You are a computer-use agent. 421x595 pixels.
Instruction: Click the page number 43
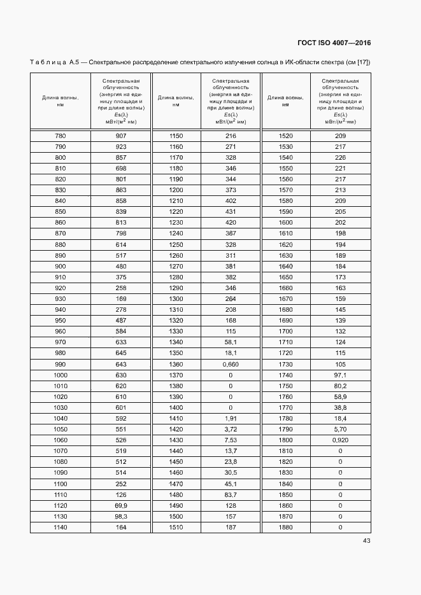point(366,541)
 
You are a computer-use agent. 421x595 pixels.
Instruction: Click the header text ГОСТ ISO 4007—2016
point(334,43)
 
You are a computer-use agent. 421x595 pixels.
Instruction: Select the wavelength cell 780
point(61,136)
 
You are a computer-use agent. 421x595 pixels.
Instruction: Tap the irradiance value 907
point(121,136)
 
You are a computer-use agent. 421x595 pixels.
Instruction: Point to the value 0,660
point(231,365)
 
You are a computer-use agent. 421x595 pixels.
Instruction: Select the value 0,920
point(340,440)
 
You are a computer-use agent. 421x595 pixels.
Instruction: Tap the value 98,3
point(121,516)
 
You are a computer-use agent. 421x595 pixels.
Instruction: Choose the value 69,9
point(121,505)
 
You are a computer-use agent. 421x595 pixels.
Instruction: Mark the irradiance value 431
point(231,211)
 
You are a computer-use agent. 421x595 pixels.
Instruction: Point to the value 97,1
point(340,375)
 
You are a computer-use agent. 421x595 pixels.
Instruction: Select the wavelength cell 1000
point(61,375)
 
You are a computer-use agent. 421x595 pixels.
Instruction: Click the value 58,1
point(231,342)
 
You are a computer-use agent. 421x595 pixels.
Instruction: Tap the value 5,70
point(340,430)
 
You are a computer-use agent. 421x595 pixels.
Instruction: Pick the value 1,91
point(231,419)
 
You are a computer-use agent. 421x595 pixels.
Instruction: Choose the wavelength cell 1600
point(286,222)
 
